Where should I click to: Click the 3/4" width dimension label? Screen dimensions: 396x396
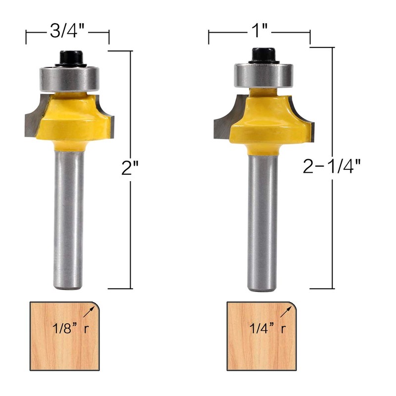(x=67, y=31)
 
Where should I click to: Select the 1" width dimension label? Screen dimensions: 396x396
(x=259, y=31)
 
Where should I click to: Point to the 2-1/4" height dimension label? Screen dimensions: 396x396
(x=332, y=166)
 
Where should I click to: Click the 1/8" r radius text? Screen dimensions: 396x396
(x=70, y=328)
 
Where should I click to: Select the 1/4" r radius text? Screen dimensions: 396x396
(x=268, y=328)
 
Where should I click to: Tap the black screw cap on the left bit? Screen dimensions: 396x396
(x=71, y=58)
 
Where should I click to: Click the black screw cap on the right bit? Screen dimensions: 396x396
(x=263, y=55)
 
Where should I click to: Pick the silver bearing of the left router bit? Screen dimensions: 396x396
(x=69, y=78)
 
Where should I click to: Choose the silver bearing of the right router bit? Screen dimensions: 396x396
(x=263, y=75)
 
